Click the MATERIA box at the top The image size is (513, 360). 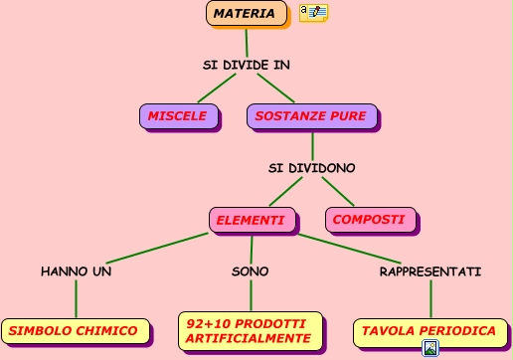pos(244,14)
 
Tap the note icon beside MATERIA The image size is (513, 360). pos(313,13)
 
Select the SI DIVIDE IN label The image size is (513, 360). pos(247,65)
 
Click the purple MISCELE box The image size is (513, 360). pos(178,116)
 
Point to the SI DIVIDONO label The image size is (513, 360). pos(311,167)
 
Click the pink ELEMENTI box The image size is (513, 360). pos(251,220)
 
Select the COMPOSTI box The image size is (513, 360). pos(368,220)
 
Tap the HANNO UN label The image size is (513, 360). pos(76,270)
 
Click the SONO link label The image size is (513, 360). pos(250,270)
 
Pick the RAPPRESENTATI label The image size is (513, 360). pos(430,270)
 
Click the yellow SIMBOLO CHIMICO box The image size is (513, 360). pos(75,330)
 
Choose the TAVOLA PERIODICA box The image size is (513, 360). pos(427,330)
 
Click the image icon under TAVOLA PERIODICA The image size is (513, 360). pos(430,348)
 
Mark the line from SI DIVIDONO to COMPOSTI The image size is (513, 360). pos(335,193)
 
